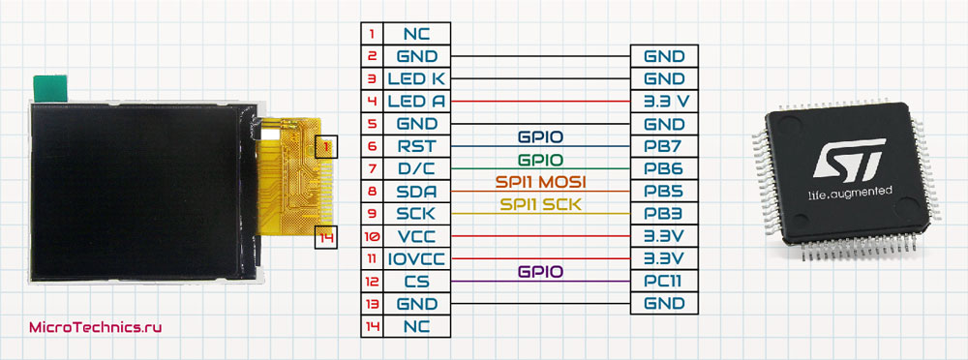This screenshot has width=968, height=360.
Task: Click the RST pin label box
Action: click(415, 147)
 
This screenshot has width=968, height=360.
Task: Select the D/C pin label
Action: click(415, 169)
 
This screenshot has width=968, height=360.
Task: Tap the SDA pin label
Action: click(415, 192)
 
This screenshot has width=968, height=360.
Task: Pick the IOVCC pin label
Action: click(415, 259)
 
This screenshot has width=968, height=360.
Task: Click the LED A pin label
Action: click(415, 102)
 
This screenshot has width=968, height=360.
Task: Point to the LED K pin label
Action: click(415, 79)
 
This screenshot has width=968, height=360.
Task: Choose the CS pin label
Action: click(415, 282)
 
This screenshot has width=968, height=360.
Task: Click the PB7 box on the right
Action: click(664, 147)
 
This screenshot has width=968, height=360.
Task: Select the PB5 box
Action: click(664, 192)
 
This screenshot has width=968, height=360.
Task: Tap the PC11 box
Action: click(664, 282)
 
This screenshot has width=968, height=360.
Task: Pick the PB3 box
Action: click(664, 214)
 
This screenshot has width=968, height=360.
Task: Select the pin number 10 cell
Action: click(371, 237)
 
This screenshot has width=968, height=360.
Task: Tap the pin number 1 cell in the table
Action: click(371, 34)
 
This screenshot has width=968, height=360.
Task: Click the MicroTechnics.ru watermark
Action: click(94, 328)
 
